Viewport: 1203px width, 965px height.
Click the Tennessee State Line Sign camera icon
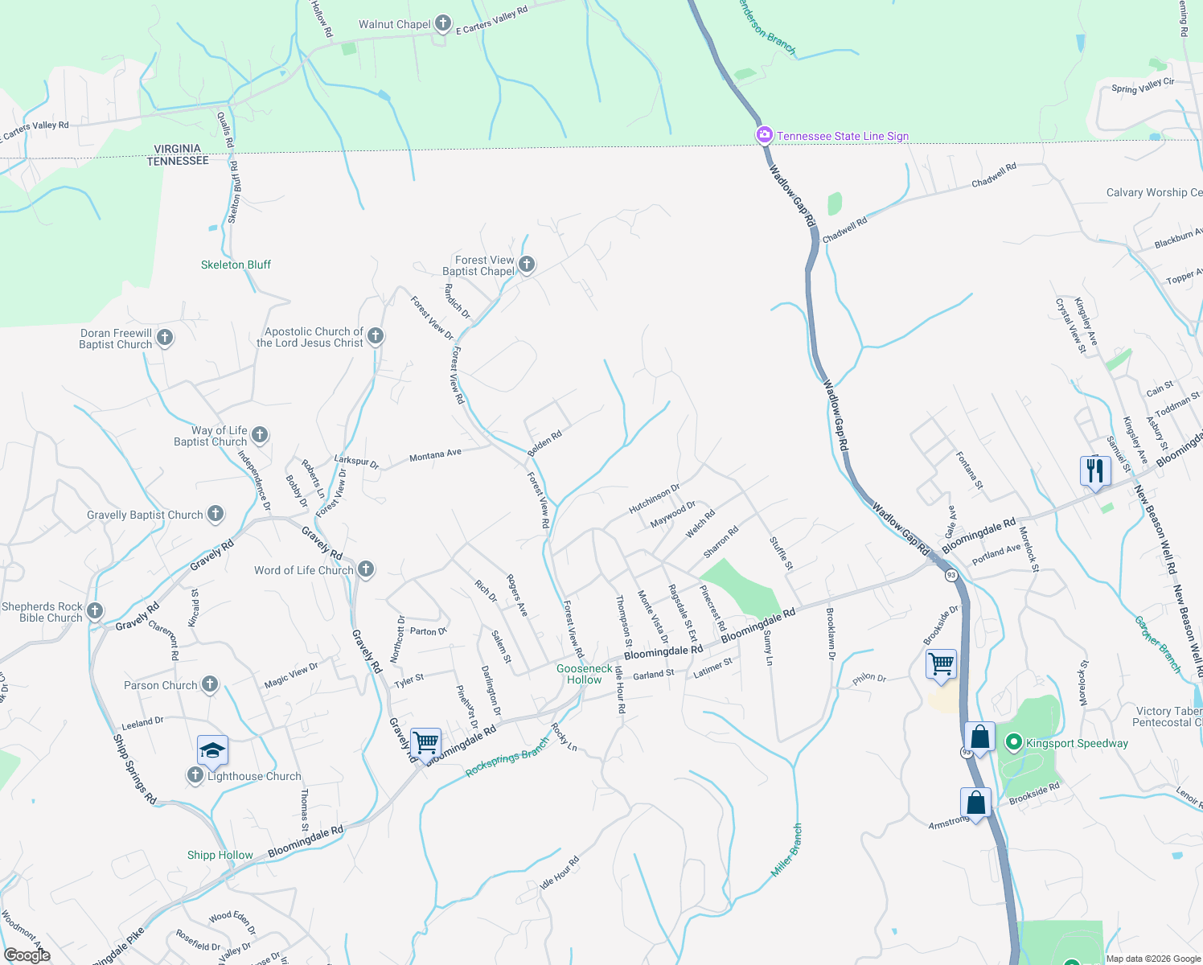click(764, 136)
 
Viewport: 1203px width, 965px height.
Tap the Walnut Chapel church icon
click(443, 24)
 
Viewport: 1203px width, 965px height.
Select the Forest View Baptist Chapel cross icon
click(527, 265)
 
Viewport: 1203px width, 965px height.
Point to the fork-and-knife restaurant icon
click(1095, 470)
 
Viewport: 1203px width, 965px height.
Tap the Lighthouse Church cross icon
click(195, 775)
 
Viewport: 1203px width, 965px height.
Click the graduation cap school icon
click(212, 750)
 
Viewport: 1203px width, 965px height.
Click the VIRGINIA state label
click(178, 149)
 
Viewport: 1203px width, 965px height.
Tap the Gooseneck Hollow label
click(585, 674)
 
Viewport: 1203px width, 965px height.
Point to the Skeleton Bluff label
click(236, 265)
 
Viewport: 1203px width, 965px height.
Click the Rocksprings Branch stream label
click(507, 758)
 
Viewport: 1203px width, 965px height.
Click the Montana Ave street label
click(435, 455)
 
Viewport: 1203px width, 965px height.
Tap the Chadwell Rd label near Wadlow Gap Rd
click(844, 229)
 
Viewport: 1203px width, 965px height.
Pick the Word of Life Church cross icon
click(366, 570)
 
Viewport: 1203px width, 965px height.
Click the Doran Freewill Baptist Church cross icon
click(165, 338)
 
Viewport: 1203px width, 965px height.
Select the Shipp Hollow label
click(220, 855)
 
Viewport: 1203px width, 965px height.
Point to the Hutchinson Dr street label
click(654, 499)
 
